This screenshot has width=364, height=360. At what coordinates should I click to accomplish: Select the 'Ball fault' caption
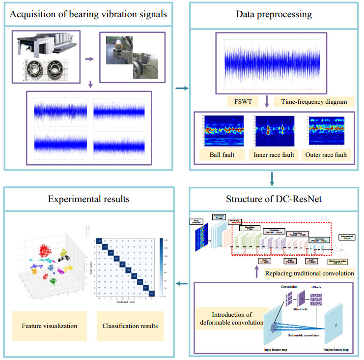(x=219, y=155)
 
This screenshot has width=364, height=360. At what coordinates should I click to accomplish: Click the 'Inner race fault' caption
(x=273, y=155)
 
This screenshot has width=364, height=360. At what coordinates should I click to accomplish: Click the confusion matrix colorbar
(x=162, y=266)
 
